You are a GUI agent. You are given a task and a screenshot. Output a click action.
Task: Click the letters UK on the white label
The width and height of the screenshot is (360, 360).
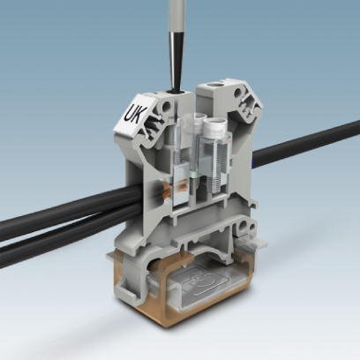coord(138,112)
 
